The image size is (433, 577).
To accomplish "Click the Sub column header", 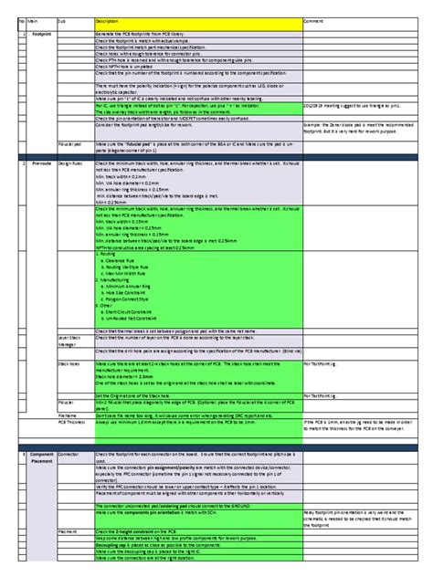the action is pos(61,19).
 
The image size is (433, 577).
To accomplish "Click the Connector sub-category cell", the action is pos(69,454).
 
